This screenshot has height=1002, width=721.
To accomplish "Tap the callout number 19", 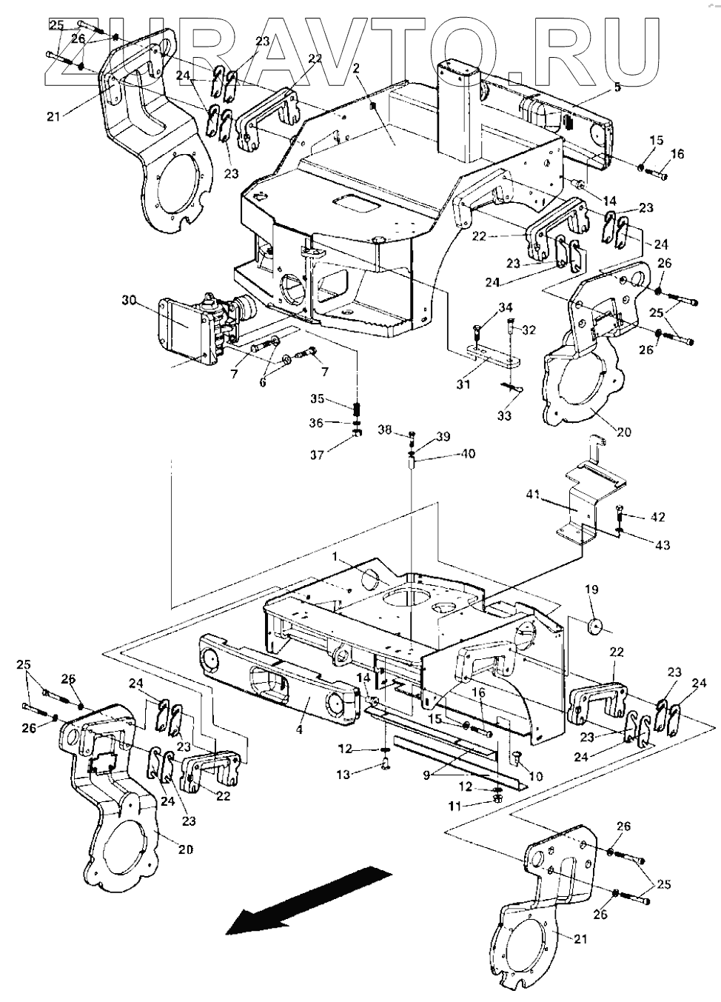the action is (x=591, y=589).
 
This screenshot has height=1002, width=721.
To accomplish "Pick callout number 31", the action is (x=463, y=384).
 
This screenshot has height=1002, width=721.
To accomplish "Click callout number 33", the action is (x=504, y=415).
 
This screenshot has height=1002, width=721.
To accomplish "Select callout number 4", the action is (x=299, y=729).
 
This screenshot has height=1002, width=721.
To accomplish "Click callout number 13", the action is (x=343, y=775).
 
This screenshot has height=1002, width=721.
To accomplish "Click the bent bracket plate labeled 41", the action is (x=590, y=494).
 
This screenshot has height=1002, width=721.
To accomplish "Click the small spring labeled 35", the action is (x=357, y=408).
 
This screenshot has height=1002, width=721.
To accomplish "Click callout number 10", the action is (x=537, y=777).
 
